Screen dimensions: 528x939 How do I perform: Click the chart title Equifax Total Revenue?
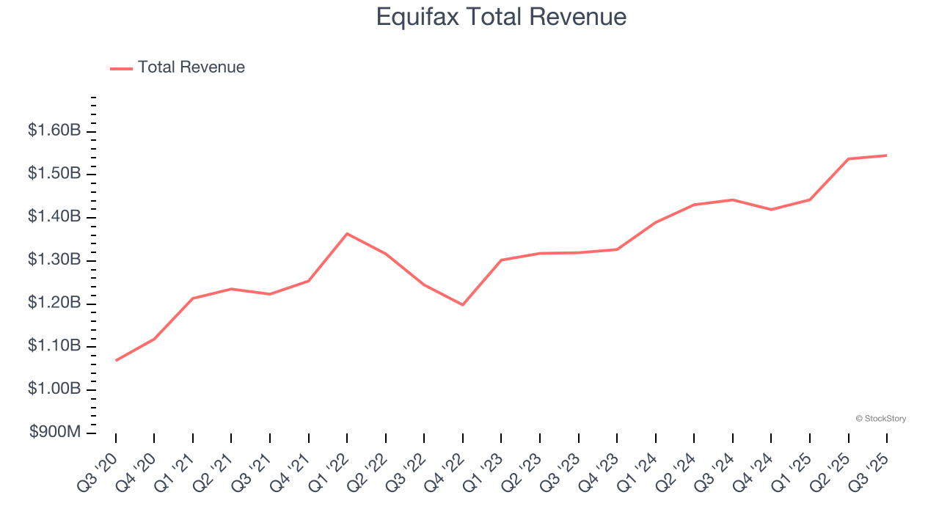pyautogui.click(x=501, y=17)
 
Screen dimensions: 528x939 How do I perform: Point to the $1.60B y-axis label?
pyautogui.click(x=54, y=131)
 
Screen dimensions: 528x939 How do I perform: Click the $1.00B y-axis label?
pyautogui.click(x=54, y=389)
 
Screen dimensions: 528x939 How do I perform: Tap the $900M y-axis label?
pyautogui.click(x=55, y=432)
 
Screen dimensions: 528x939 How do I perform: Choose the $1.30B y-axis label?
pyautogui.click(x=54, y=260)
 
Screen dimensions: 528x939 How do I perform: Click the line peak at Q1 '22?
pyautogui.click(x=347, y=233)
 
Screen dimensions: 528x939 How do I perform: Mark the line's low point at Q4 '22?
pyautogui.click(x=463, y=304)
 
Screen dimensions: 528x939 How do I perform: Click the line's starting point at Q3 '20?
pyautogui.click(x=116, y=360)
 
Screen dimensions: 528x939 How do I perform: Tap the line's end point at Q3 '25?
pyautogui.click(x=887, y=155)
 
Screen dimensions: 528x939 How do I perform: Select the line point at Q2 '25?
pyautogui.click(x=849, y=158)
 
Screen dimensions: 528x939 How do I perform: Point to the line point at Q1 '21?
pyautogui.click(x=193, y=298)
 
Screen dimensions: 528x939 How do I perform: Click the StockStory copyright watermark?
pyautogui.click(x=880, y=419)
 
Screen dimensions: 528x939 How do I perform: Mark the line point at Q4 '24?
pyautogui.click(x=771, y=209)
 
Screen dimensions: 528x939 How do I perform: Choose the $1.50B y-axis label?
pyautogui.click(x=54, y=174)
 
